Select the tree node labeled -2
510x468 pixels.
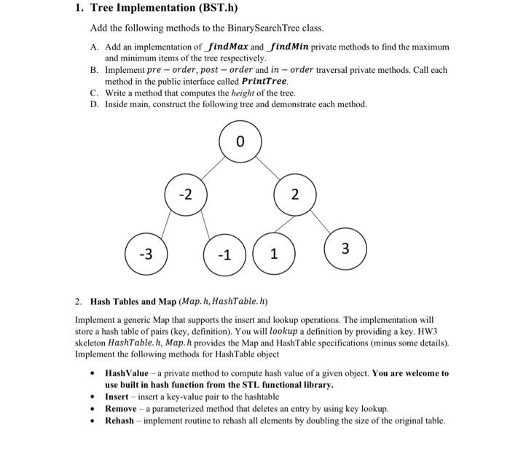tap(187, 195)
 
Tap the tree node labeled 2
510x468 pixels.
tap(294, 195)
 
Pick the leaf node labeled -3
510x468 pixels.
tap(146, 254)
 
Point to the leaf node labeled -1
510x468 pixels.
tap(226, 254)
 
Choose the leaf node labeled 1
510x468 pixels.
tap(273, 254)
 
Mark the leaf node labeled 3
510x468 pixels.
tap(345, 249)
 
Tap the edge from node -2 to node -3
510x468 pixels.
tap(166, 225)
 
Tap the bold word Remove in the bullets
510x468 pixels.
tap(120, 409)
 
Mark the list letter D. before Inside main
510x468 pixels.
tap(95, 104)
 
